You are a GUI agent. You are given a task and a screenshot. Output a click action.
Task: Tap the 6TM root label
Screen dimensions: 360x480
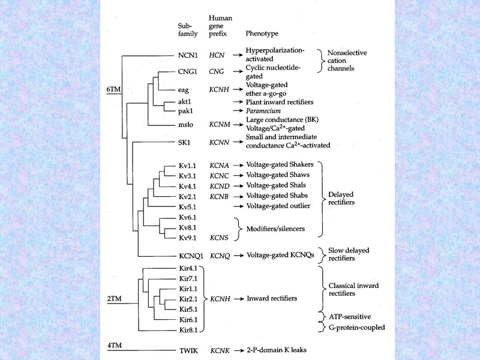click(113, 89)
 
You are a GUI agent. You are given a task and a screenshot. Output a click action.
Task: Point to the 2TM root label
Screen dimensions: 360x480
click(113, 298)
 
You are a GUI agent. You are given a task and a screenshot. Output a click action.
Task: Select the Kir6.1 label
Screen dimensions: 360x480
click(189, 319)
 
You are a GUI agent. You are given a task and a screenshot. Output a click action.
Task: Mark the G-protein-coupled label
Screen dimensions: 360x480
click(356, 328)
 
